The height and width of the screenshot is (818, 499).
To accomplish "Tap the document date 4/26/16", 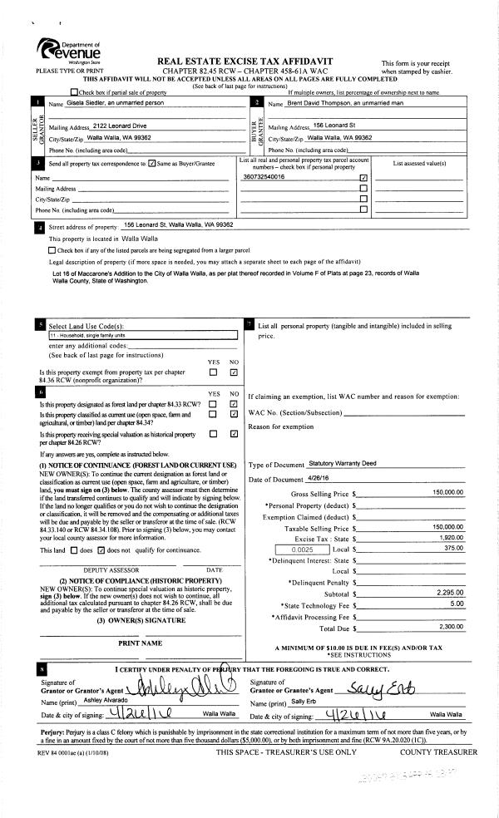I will tap(319, 479).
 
